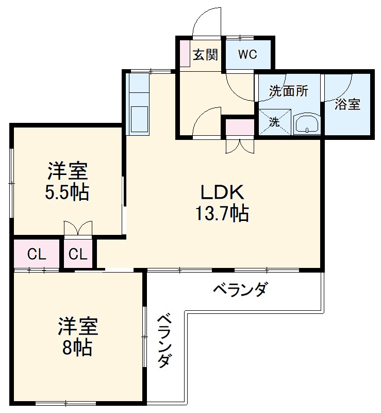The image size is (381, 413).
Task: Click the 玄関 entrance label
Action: [205, 55]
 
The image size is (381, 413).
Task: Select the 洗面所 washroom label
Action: [289, 91]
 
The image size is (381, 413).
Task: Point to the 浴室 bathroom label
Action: [347, 104]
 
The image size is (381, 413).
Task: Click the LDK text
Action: [222, 192]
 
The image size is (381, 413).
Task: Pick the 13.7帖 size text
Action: [222, 213]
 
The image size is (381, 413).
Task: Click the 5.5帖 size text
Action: [68, 192]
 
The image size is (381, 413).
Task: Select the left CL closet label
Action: [37, 254]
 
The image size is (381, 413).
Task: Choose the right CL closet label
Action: [79, 254]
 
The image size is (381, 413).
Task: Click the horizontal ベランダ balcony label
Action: [240, 290]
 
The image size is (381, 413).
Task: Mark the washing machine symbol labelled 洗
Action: [274, 122]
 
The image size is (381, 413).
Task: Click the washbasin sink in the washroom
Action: [307, 124]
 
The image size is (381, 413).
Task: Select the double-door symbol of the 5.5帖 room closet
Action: [78, 229]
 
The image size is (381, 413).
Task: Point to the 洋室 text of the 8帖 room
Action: [77, 327]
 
